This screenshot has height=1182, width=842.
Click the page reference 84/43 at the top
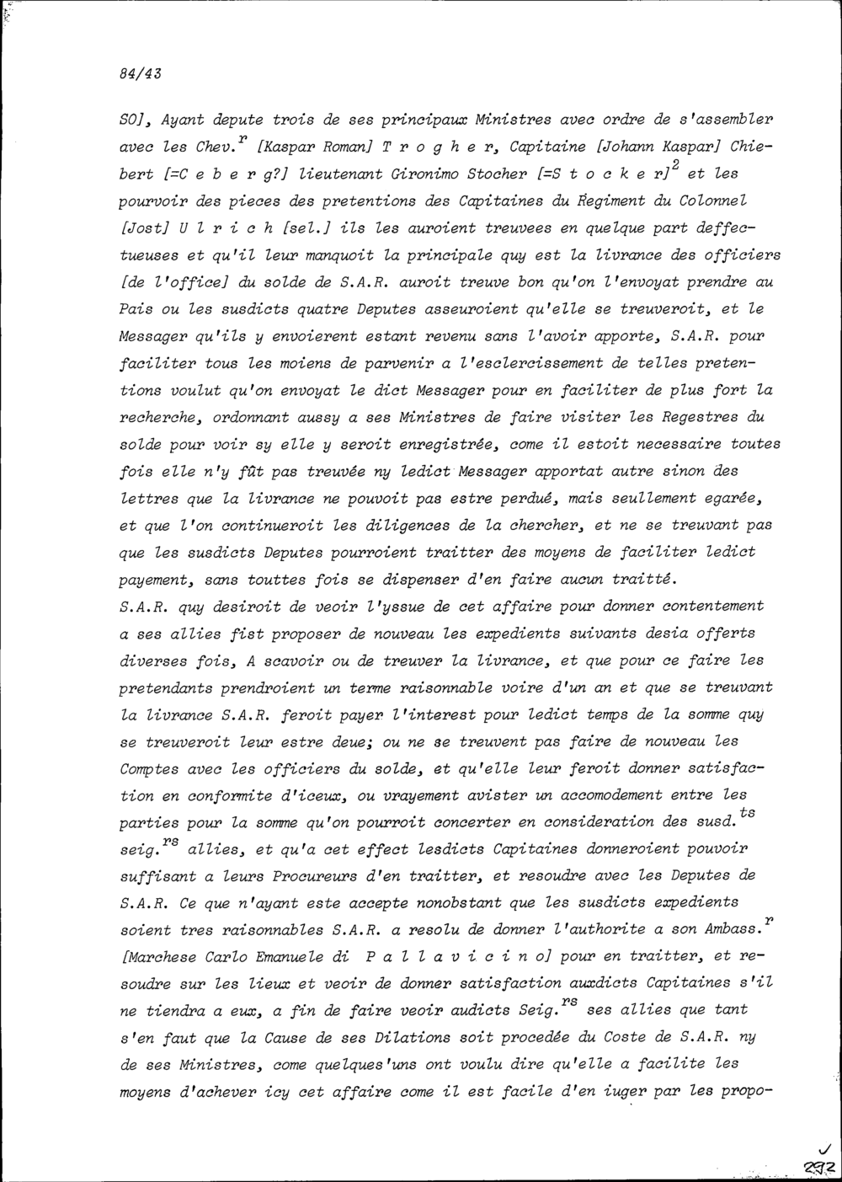click(x=141, y=72)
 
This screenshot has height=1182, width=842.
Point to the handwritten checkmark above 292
click(x=823, y=1147)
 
